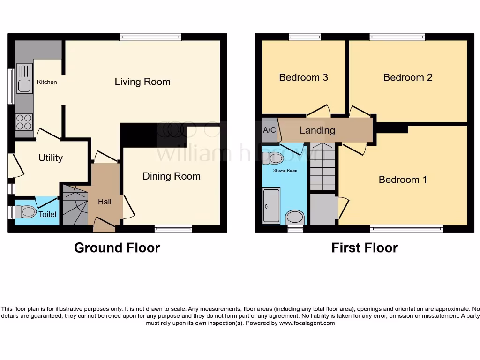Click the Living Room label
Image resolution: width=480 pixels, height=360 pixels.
(142, 82)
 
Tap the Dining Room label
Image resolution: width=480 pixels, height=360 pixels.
(172, 176)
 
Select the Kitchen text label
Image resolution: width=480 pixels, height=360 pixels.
(47, 82)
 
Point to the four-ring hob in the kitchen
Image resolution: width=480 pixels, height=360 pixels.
(24, 122)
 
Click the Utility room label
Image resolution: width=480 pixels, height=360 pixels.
(51, 158)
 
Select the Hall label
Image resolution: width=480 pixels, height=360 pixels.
(105, 202)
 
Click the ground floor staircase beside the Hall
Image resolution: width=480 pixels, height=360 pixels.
(75, 206)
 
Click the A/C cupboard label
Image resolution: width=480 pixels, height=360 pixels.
(270, 130)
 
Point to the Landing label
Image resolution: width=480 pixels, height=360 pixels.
(317, 130)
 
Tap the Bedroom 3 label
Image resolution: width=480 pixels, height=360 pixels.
(303, 77)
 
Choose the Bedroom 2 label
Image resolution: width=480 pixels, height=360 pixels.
(408, 77)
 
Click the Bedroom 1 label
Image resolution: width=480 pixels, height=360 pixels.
(403, 180)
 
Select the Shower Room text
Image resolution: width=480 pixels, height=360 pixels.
(285, 170)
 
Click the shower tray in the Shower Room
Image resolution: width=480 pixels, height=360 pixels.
(271, 205)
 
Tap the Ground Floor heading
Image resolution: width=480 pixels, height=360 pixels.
(117, 247)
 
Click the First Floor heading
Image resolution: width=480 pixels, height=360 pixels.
(365, 247)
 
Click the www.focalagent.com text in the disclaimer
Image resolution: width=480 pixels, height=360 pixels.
(307, 323)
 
